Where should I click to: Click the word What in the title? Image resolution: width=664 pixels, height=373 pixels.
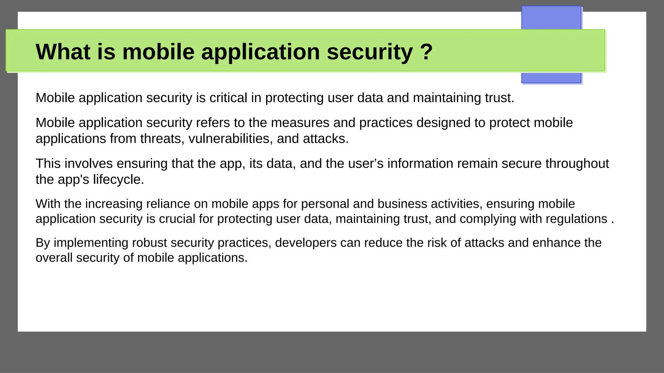tap(63, 52)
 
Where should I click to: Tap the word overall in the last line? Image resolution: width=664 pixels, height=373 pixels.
tap(54, 258)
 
